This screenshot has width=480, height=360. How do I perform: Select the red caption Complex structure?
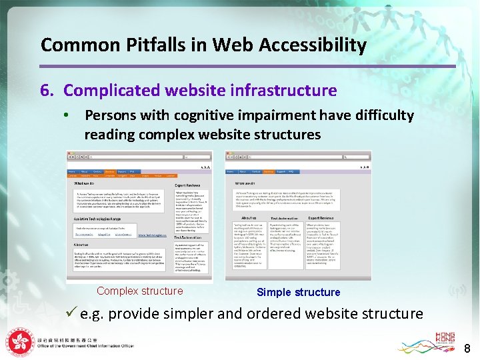(x=139, y=291)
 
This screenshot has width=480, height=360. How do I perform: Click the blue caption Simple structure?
(x=298, y=292)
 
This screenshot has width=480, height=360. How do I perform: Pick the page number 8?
(x=467, y=348)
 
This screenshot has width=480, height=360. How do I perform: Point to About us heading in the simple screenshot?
(x=249, y=218)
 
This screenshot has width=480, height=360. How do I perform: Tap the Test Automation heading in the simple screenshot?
(x=285, y=218)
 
